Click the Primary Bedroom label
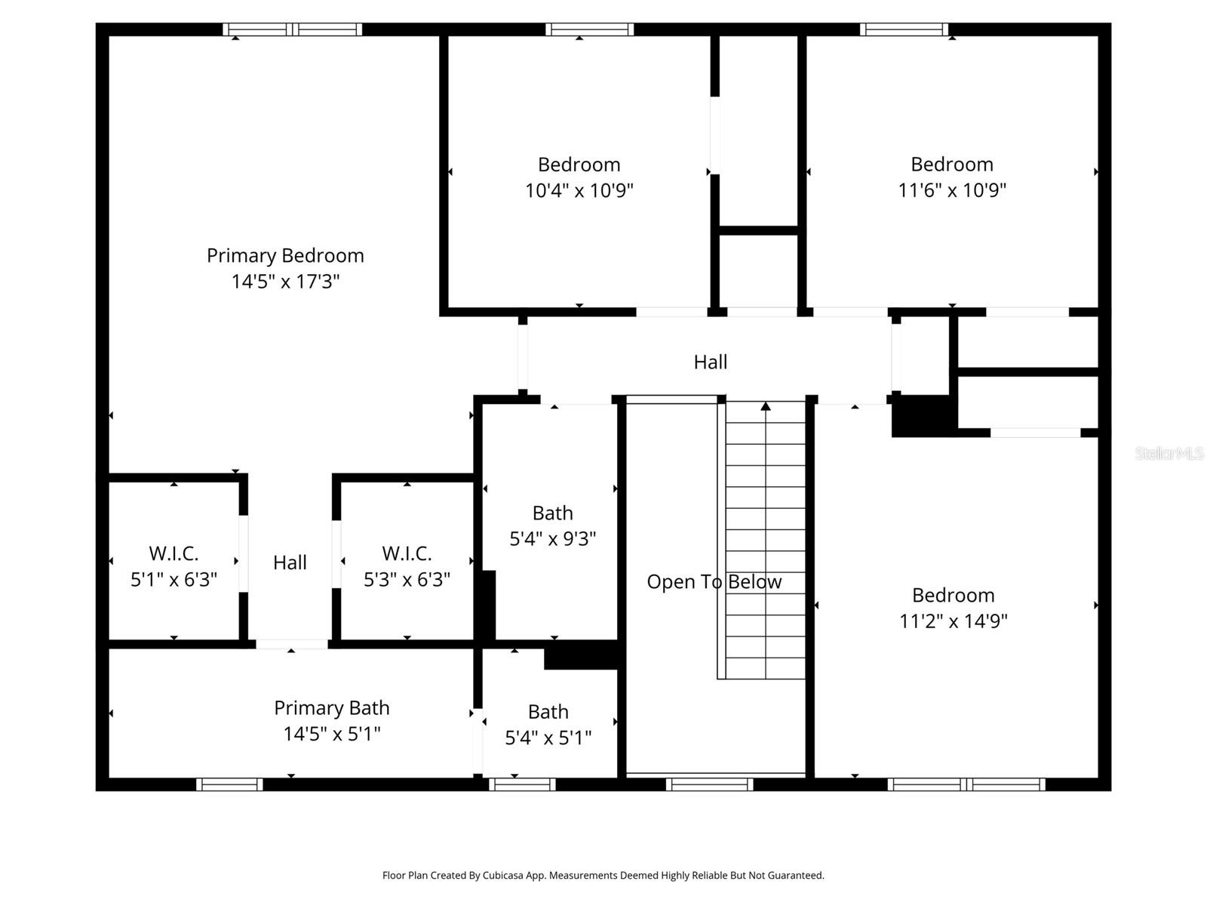(x=285, y=256)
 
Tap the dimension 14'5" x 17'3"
(x=285, y=282)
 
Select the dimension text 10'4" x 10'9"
(x=579, y=190)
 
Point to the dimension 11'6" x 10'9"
(x=951, y=190)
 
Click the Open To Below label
(x=714, y=582)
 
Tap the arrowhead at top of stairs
(x=766, y=407)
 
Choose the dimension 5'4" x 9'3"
(x=552, y=539)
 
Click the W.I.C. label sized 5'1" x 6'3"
(x=174, y=553)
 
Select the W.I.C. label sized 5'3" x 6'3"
(x=407, y=553)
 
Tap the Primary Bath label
(x=331, y=708)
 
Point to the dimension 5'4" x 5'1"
(x=548, y=738)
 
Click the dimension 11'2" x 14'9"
(x=953, y=621)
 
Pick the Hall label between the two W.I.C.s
(x=290, y=562)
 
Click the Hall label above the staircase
(x=710, y=362)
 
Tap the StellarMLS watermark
(x=1169, y=454)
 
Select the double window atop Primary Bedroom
(x=293, y=30)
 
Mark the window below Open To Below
(x=709, y=784)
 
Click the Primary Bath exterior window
(x=229, y=784)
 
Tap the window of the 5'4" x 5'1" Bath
(x=522, y=784)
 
